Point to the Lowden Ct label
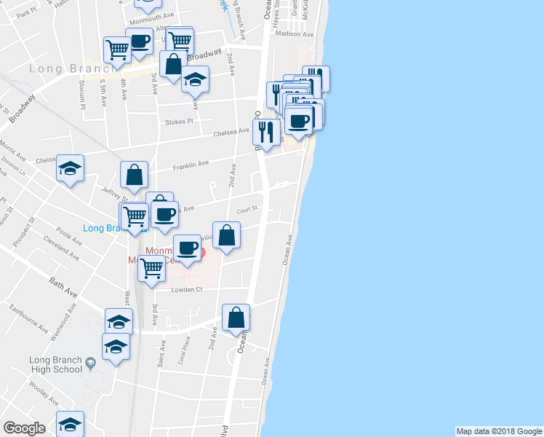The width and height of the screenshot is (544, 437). [185, 289]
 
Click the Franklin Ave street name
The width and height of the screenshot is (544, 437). [191, 167]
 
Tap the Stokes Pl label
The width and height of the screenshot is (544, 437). [180, 122]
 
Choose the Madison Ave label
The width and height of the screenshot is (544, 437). [294, 34]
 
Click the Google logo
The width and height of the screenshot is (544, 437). [24, 428]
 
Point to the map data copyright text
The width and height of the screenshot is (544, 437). [498, 431]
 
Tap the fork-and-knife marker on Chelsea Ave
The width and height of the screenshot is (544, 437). [266, 132]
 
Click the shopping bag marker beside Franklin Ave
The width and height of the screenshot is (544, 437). [135, 176]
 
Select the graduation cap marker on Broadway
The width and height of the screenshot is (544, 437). [195, 79]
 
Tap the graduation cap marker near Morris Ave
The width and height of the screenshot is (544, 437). [70, 169]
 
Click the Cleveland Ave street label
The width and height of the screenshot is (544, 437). [61, 248]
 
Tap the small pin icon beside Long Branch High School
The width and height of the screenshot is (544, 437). [90, 362]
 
